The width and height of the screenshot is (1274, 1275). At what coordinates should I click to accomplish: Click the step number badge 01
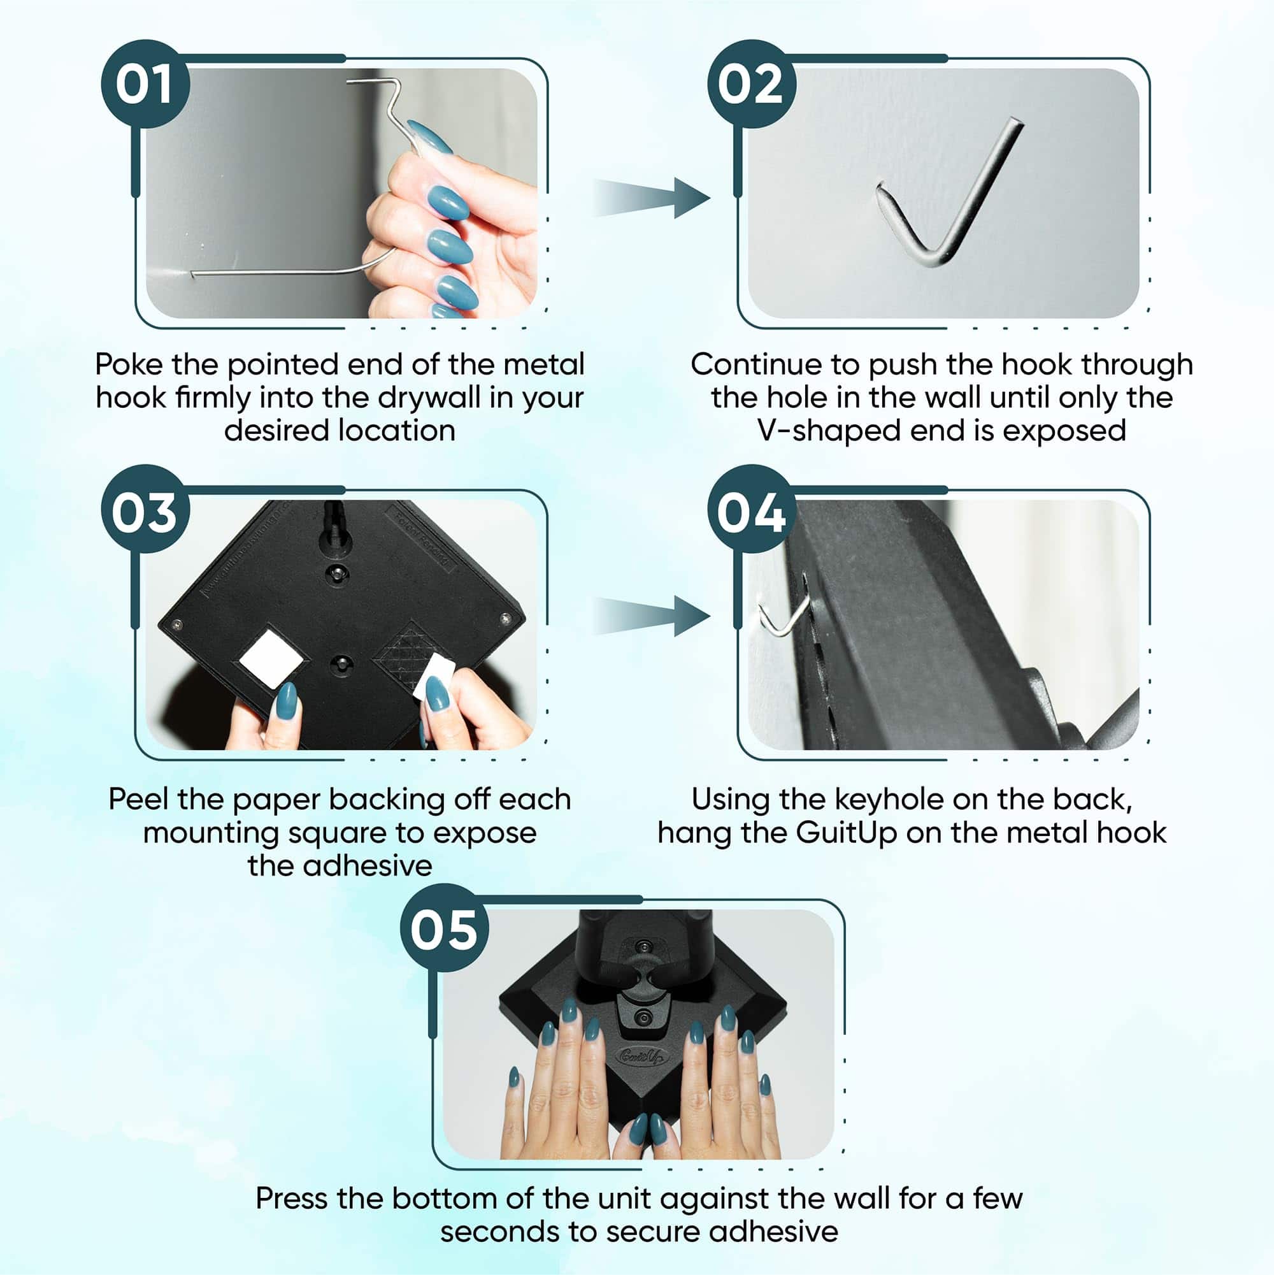pyautogui.click(x=146, y=84)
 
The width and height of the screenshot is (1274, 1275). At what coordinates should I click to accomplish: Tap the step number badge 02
pyautogui.click(x=752, y=84)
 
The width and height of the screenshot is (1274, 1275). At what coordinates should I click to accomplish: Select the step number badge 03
pyautogui.click(x=146, y=510)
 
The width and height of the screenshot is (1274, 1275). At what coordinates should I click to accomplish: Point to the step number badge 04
pyautogui.click(x=752, y=510)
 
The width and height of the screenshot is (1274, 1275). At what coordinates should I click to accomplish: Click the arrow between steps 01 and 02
pyautogui.click(x=652, y=198)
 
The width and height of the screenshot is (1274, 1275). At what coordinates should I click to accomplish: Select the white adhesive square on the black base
pyautogui.click(x=271, y=659)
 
